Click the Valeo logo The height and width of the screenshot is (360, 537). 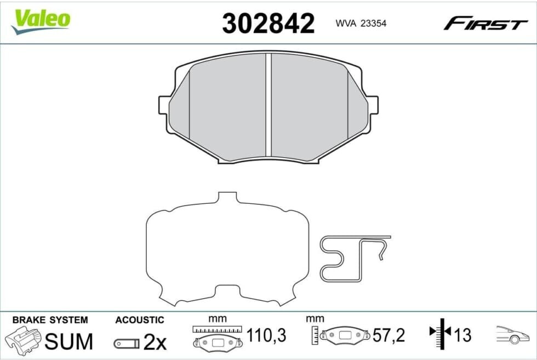point(41,21)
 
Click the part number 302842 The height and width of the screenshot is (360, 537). point(268,24)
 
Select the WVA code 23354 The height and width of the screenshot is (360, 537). point(374,24)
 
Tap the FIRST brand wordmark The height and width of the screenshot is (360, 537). point(485,24)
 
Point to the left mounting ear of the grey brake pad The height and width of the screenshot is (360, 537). point(164,105)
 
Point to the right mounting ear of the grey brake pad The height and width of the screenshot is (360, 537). point(373,105)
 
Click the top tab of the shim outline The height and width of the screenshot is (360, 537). point(227,197)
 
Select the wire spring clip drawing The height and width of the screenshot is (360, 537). point(355,258)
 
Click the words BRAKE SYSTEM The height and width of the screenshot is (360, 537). point(50,320)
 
